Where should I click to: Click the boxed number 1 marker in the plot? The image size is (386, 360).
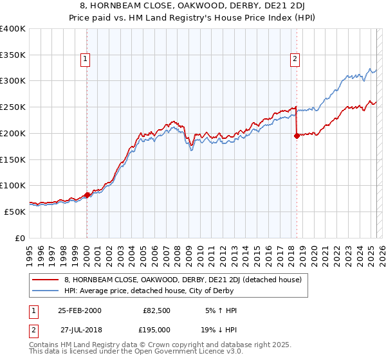pyautogui.click(x=86, y=59)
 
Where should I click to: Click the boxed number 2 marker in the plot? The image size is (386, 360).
pyautogui.click(x=295, y=59)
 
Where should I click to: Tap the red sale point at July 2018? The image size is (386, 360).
pyautogui.click(x=297, y=136)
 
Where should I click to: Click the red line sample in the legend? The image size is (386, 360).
pyautogui.click(x=46, y=280)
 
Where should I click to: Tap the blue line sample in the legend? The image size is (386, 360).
pyautogui.click(x=46, y=291)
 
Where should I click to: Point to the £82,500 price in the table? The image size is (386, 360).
pyautogui.click(x=157, y=310)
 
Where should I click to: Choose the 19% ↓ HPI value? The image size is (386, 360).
pyautogui.click(x=221, y=329)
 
